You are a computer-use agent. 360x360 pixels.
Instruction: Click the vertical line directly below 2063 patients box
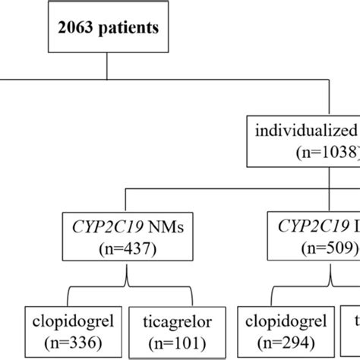coord(106,67)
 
